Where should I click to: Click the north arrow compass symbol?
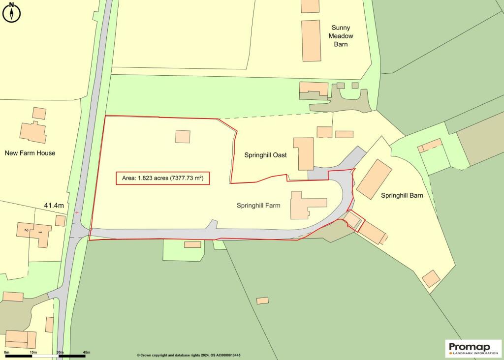tap(12, 12)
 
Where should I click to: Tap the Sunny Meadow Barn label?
tap(341, 36)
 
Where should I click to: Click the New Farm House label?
tap(30, 153)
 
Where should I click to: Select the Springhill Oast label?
tap(266, 154)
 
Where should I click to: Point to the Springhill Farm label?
tap(258, 205)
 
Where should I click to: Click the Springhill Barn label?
tap(402, 195)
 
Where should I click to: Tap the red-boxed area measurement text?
tap(163, 178)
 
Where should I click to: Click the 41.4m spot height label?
tap(54, 205)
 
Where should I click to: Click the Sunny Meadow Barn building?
tap(311, 41)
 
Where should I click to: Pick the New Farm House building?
tap(33, 131)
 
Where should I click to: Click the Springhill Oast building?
tap(304, 153)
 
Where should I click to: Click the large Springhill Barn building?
tap(375, 178)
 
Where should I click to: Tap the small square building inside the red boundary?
tap(183, 136)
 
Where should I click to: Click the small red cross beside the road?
tap(77, 212)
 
